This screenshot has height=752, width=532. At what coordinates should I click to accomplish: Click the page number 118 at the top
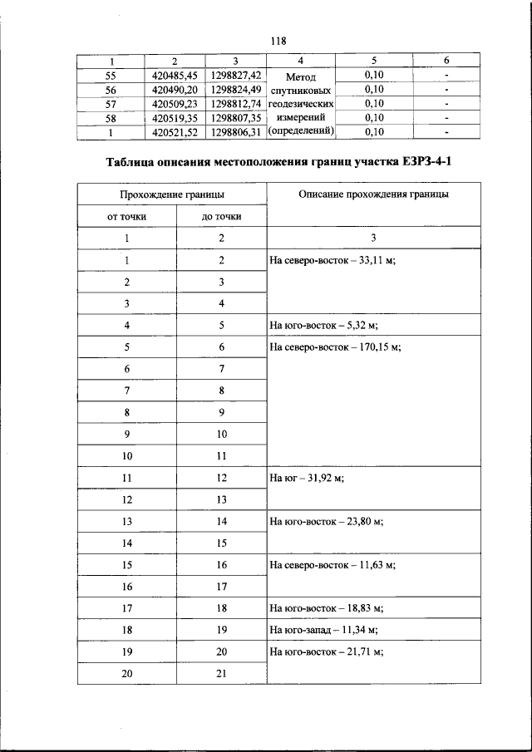click(278, 39)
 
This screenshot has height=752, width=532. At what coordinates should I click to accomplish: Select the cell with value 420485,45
click(175, 75)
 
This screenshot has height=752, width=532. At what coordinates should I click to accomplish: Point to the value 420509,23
click(175, 103)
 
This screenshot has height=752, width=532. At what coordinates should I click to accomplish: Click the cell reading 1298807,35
click(236, 117)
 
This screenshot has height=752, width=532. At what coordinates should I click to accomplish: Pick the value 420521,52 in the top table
click(175, 131)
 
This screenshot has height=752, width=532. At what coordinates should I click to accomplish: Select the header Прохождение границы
click(172, 194)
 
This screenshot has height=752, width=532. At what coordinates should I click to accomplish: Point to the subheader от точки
click(127, 216)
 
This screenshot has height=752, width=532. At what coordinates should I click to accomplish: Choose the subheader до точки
click(222, 216)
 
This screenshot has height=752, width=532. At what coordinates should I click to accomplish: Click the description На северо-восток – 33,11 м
click(332, 260)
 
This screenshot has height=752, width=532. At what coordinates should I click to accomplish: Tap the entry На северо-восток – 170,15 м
click(335, 347)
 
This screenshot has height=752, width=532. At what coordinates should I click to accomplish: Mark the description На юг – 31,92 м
click(307, 479)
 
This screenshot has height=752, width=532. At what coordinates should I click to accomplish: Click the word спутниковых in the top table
click(300, 90)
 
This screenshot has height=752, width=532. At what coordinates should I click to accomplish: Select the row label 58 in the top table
click(111, 117)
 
